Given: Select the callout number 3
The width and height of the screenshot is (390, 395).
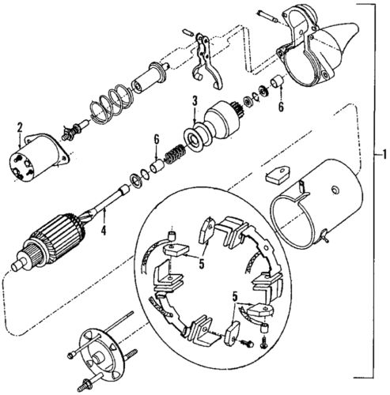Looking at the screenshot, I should tap(193, 100).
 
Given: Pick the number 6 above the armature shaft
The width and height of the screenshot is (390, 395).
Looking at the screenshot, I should tap(157, 140).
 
